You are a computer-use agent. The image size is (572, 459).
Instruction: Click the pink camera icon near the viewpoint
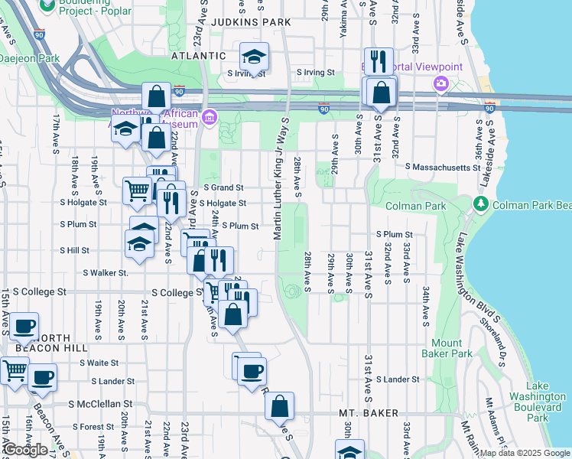[x=440, y=83]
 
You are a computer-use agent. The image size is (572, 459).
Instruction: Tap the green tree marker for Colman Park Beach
[x=480, y=204]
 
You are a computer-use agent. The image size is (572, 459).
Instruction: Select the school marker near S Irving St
[x=254, y=57]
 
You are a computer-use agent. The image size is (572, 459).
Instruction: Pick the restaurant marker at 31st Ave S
[x=379, y=61]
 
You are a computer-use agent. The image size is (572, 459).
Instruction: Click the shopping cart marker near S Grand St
[x=137, y=190]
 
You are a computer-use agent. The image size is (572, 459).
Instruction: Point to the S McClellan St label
[x=100, y=403]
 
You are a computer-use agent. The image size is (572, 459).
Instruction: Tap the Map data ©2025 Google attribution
[x=524, y=453]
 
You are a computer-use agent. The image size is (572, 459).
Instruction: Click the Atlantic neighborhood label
[x=198, y=56]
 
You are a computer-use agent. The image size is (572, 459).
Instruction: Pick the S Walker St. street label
[x=106, y=272]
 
